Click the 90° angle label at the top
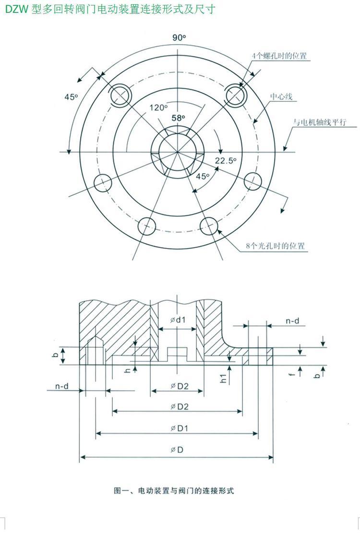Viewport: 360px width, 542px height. (x=179, y=37)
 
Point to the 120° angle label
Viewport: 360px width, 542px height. (x=158, y=107)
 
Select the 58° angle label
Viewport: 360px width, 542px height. (x=178, y=118)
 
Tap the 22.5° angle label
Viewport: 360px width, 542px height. (x=226, y=161)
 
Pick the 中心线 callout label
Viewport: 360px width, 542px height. (x=281, y=97)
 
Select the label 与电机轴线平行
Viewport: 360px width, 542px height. (x=320, y=122)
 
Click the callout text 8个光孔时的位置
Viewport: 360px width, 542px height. (x=275, y=246)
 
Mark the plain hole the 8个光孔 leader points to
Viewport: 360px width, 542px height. (x=209, y=224)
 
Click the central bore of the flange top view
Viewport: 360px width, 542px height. (x=178, y=148)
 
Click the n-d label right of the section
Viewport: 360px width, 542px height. (x=292, y=321)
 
